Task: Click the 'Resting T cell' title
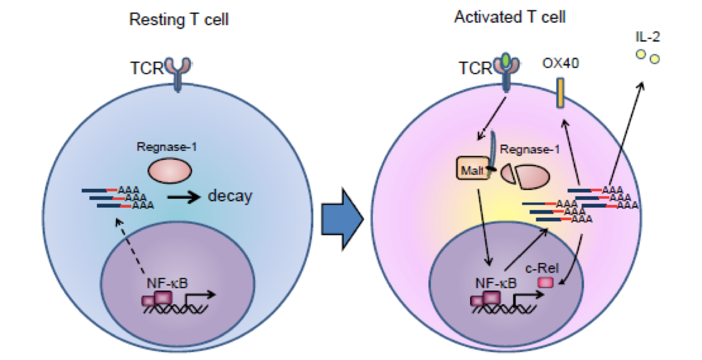(x=179, y=20)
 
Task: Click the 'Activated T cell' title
(x=510, y=17)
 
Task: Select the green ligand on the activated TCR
(x=505, y=60)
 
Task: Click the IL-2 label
(x=648, y=38)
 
